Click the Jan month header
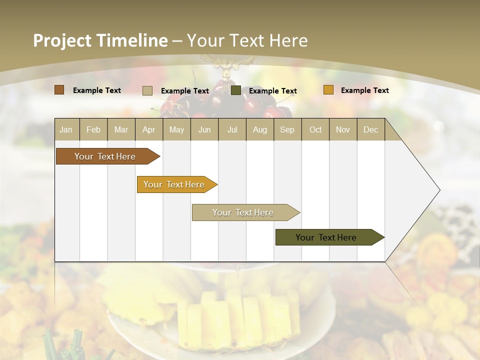coord(66,130)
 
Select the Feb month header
coord(93,130)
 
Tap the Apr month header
coord(149,130)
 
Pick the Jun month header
coord(204,130)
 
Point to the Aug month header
coord(260,130)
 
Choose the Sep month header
coord(287,130)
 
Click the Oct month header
coord(315,130)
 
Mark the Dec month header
coord(371,130)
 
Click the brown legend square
coord(59,90)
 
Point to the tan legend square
coord(147,90)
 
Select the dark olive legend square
coord(236,90)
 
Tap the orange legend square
coord(328,90)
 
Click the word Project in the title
coord(62,40)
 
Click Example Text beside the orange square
coord(364,90)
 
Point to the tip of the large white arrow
coord(438,190)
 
